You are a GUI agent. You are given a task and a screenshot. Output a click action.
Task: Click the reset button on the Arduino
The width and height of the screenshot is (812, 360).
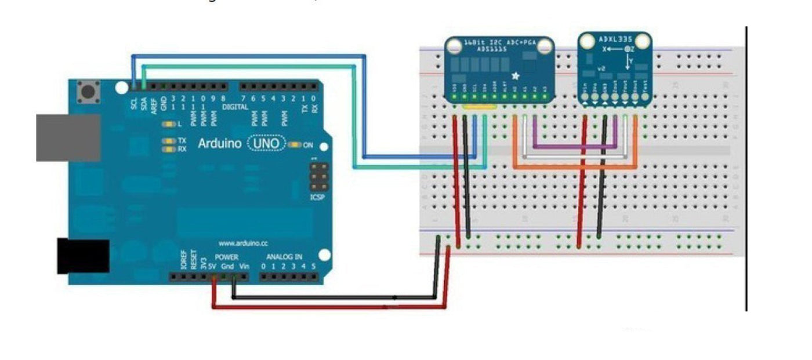pyautogui.click(x=89, y=92)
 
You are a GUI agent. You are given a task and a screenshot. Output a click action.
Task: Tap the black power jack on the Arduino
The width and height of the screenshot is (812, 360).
pyautogui.click(x=82, y=256)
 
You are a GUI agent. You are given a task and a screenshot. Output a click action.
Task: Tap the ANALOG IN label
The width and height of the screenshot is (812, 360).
pyautogui.click(x=284, y=256)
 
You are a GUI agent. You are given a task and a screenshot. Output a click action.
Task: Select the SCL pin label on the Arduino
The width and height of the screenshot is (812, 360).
pyautogui.click(x=135, y=103)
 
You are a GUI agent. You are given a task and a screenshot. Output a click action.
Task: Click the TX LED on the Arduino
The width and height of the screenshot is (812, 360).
pyautogui.click(x=169, y=140)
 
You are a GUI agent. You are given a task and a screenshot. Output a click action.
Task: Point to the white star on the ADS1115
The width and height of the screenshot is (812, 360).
pyautogui.click(x=515, y=76)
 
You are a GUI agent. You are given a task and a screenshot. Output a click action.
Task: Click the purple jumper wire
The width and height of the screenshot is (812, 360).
pyautogui.click(x=574, y=146)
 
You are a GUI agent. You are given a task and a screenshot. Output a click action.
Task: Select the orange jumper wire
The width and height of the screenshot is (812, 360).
pyautogui.click(x=574, y=167)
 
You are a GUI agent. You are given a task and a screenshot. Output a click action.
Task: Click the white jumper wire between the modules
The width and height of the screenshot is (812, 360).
pyautogui.click(x=574, y=156)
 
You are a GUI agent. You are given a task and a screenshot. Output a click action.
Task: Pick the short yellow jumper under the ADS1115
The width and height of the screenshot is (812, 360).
pyautogui.click(x=480, y=107)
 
